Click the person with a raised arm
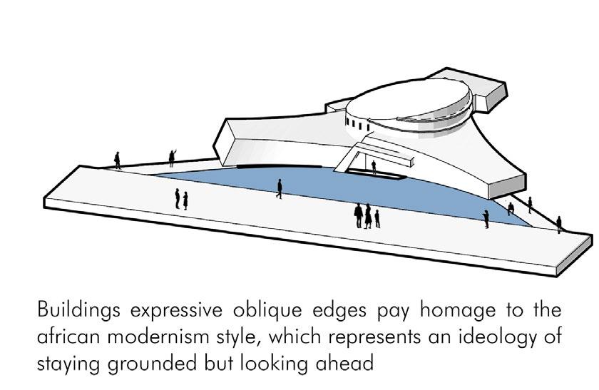pyautogui.click(x=172, y=158)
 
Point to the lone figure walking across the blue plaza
pyautogui.click(x=280, y=188)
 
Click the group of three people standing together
pyautogui.click(x=367, y=215)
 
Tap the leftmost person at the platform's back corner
pyautogui.click(x=118, y=160)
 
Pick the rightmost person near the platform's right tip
pyautogui.click(x=559, y=224)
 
